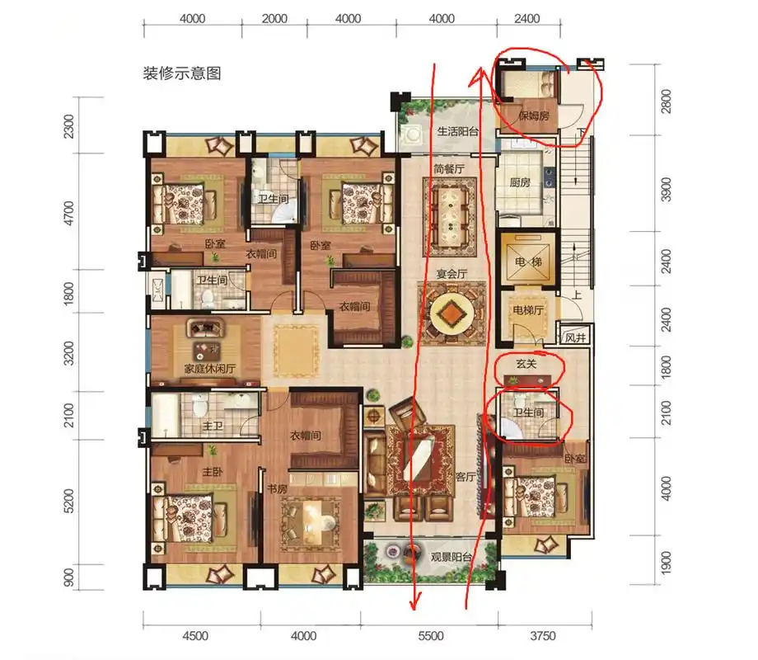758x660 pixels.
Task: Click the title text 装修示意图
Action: (x=183, y=73)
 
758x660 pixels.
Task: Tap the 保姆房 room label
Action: (x=534, y=117)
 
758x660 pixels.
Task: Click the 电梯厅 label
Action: (x=527, y=311)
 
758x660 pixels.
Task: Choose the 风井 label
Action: (x=575, y=337)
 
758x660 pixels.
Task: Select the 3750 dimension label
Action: (x=544, y=636)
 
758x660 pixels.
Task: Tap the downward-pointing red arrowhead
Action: (x=414, y=606)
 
